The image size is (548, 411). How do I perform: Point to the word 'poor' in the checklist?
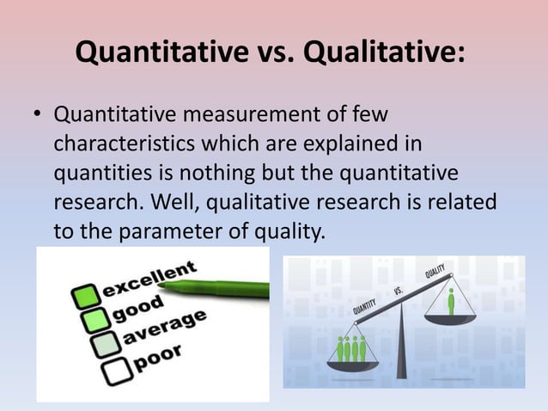point(155,359)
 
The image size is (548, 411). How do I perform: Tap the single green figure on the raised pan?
point(450,302)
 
